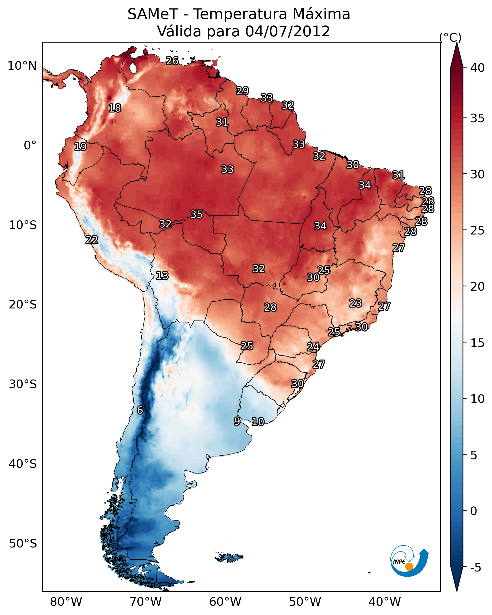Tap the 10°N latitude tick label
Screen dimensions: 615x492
pyautogui.click(x=22, y=66)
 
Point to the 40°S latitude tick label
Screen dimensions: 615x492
pyautogui.click(x=23, y=464)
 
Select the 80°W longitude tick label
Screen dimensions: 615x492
pyautogui.click(x=66, y=602)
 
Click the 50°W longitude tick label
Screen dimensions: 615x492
pyautogui.click(x=305, y=602)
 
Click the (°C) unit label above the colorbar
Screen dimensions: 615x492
pyautogui.click(x=450, y=37)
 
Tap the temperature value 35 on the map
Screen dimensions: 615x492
pyautogui.click(x=196, y=214)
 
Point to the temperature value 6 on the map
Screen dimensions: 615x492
pyautogui.click(x=140, y=410)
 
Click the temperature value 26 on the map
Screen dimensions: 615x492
pyautogui.click(x=172, y=61)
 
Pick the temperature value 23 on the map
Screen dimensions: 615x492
pyautogui.click(x=356, y=303)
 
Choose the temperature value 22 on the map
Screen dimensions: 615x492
pyautogui.click(x=92, y=240)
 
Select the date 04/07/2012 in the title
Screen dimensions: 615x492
pyautogui.click(x=288, y=31)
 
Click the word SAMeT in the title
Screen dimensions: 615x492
pyautogui.click(x=153, y=14)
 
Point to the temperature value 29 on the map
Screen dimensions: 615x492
pyautogui.click(x=243, y=91)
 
